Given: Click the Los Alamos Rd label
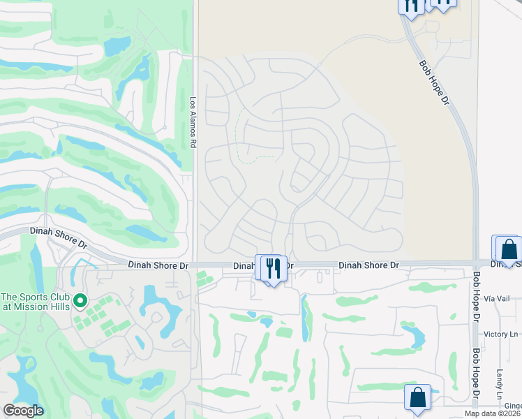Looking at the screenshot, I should [193, 122].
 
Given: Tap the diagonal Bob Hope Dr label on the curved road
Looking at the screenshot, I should [434, 82].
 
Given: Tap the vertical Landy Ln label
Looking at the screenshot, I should [500, 385].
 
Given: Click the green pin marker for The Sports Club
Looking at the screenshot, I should [80, 301].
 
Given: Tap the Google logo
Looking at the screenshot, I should [23, 411].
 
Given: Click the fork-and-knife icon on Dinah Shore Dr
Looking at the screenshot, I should [274, 268].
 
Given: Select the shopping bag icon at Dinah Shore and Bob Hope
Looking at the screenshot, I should [509, 250].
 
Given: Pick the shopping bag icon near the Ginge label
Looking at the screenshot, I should [417, 397].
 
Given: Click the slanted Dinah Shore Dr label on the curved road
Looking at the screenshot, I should [58, 238].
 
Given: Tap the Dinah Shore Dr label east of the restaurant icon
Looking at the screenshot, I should [368, 265].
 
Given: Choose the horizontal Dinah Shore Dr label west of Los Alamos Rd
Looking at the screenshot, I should [158, 265].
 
